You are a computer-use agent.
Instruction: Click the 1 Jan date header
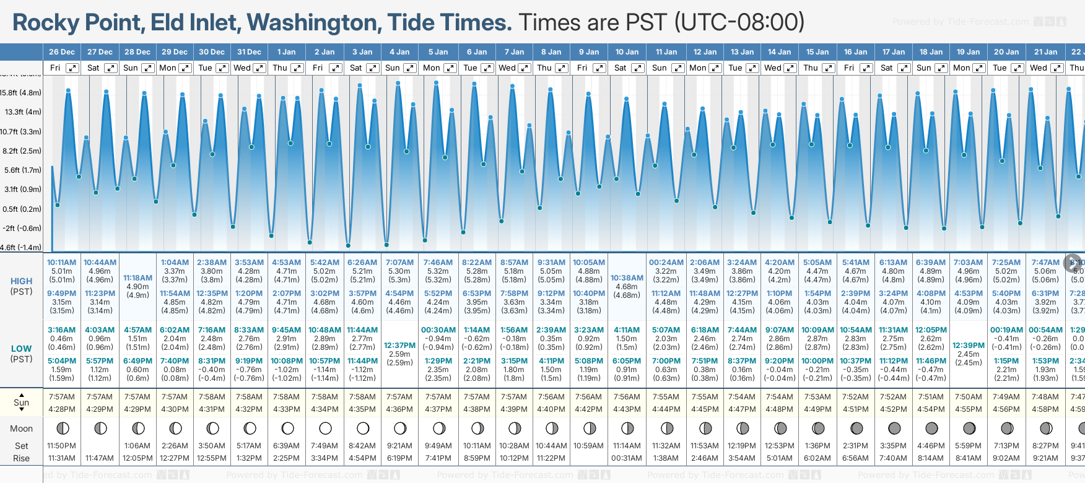click(286, 52)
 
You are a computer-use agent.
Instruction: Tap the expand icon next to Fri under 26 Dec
click(72, 68)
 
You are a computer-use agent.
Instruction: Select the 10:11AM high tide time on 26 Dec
click(62, 263)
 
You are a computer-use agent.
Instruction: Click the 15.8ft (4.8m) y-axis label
click(21, 93)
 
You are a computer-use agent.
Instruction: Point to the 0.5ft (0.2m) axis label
click(21, 209)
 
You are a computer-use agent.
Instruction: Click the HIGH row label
click(21, 281)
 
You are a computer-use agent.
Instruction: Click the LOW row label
click(21, 349)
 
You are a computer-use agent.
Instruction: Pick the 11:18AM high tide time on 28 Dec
click(137, 278)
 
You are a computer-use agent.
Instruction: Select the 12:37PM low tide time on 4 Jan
click(399, 346)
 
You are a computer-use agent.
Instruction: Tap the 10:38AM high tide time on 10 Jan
click(627, 278)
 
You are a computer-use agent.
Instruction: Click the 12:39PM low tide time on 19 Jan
click(969, 346)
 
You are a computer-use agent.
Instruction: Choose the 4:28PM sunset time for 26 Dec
click(62, 409)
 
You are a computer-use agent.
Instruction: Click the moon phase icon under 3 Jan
click(363, 428)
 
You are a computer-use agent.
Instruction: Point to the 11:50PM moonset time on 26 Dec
click(62, 446)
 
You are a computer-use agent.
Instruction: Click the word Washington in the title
click(314, 22)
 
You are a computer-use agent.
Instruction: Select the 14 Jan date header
click(779, 52)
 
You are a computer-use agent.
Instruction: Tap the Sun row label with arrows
click(21, 402)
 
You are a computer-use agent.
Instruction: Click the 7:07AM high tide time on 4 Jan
click(399, 263)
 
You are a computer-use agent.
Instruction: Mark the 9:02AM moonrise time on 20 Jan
click(1006, 458)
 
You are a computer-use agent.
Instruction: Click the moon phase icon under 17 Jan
click(894, 428)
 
